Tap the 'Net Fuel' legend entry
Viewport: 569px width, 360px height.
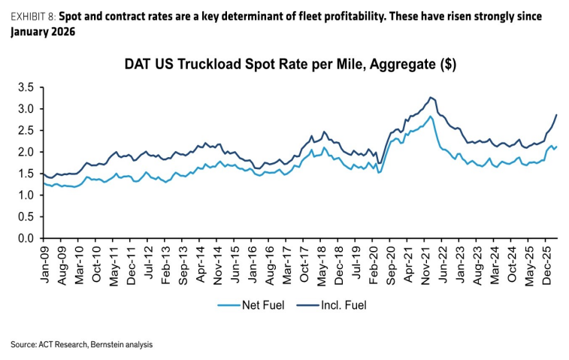point(251,305)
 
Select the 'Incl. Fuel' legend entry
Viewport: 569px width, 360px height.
point(331,305)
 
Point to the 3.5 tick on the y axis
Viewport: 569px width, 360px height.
point(26,87)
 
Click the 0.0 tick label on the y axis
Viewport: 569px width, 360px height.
point(26,238)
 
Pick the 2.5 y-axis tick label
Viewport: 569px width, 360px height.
point(26,131)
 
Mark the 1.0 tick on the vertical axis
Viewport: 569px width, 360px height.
point(26,195)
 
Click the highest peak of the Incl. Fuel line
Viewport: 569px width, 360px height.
point(431,97)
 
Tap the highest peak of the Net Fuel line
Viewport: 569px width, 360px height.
point(431,116)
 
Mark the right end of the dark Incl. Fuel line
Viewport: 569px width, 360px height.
point(557,115)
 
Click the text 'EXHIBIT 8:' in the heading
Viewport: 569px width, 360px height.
point(33,17)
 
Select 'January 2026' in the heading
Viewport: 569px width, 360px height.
point(43,32)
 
